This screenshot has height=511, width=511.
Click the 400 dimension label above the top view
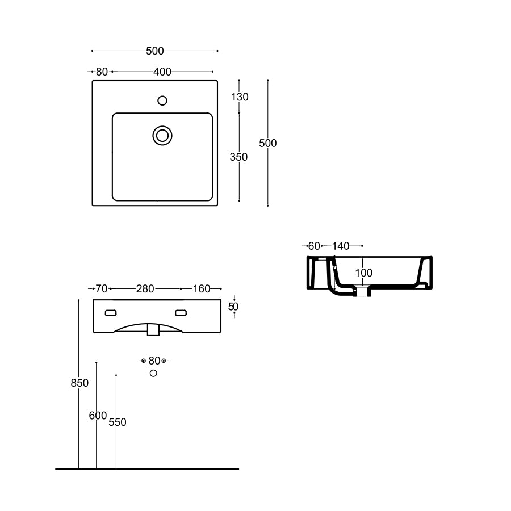click(x=162, y=72)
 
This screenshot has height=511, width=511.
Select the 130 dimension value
click(x=240, y=97)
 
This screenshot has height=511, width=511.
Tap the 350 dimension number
click(x=239, y=157)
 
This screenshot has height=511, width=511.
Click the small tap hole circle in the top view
click(x=162, y=101)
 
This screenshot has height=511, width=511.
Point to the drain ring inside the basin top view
click(x=162, y=135)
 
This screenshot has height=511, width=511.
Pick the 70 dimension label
click(x=101, y=289)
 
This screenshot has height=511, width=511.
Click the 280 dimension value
click(x=145, y=289)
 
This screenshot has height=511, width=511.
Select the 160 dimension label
click(x=202, y=289)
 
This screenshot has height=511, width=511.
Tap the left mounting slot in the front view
click(x=111, y=312)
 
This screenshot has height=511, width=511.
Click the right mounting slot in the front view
click(x=181, y=312)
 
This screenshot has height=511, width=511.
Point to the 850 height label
click(x=79, y=383)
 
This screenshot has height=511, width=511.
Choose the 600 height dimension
click(x=98, y=416)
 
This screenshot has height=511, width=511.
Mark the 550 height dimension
click(x=118, y=422)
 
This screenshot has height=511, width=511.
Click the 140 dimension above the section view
click(x=341, y=246)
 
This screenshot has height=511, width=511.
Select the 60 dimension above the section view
click(x=314, y=246)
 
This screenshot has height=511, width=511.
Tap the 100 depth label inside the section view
click(x=364, y=273)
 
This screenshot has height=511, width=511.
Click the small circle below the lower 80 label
click(x=153, y=373)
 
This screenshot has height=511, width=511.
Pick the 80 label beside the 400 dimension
click(x=102, y=72)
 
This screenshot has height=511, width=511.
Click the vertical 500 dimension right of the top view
click(x=268, y=144)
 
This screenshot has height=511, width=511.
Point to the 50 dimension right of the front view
click(x=233, y=307)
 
